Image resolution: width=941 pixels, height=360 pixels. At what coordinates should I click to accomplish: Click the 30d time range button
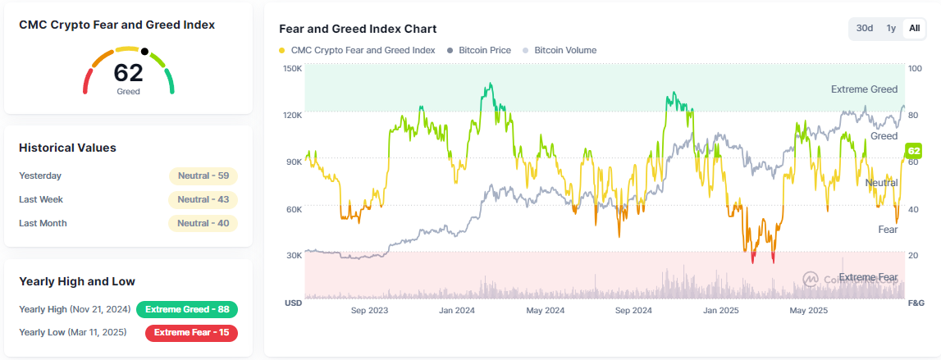(x=865, y=28)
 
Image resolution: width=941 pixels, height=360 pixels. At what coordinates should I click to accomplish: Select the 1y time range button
(x=890, y=28)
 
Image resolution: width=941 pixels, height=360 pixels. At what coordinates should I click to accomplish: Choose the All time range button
(x=914, y=28)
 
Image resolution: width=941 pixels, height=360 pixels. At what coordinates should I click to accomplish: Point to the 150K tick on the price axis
(x=293, y=68)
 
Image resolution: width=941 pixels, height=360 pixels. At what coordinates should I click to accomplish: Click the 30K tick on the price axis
(x=293, y=256)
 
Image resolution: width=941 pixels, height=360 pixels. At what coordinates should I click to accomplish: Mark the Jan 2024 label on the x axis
(x=457, y=311)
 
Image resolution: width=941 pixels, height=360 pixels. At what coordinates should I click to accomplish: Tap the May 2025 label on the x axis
(x=808, y=311)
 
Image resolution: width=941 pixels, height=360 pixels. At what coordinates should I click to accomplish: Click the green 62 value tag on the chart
(x=914, y=151)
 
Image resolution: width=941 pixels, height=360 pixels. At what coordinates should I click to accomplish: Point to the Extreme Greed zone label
(x=864, y=89)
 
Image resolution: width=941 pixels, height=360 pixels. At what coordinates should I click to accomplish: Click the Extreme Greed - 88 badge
(x=187, y=309)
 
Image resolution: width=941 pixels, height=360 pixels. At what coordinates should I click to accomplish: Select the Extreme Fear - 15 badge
(x=191, y=332)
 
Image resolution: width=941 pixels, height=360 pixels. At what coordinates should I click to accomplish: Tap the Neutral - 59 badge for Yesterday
(x=203, y=175)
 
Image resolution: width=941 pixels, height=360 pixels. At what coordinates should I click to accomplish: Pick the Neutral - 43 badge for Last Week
(x=203, y=199)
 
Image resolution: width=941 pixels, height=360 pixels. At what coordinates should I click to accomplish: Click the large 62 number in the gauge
(x=128, y=73)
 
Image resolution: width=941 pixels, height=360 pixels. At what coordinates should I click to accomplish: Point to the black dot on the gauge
(x=144, y=52)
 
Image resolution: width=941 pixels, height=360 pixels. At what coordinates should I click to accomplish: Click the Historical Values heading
(x=67, y=148)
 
